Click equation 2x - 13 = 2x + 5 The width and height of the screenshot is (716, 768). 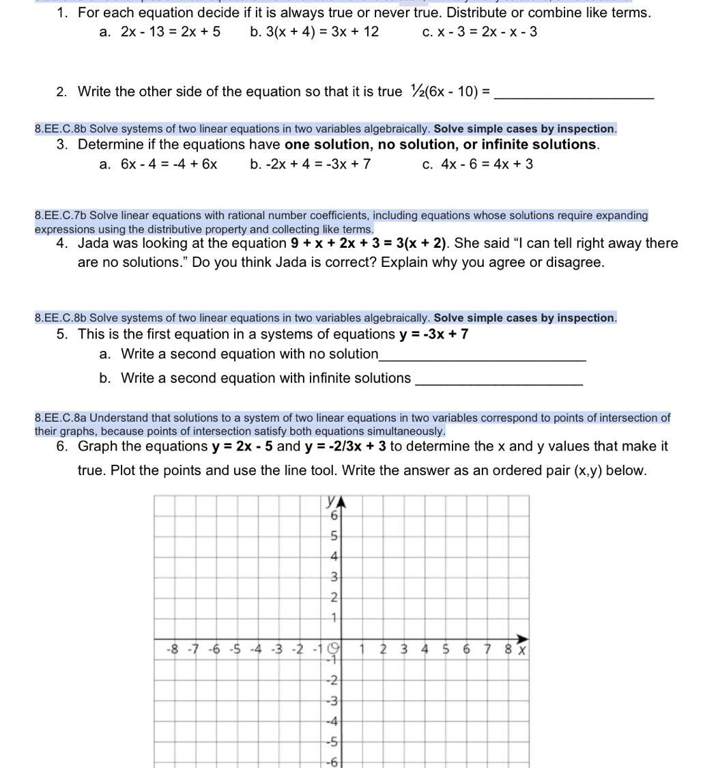click(x=171, y=32)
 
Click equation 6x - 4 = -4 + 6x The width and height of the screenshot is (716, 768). click(x=169, y=164)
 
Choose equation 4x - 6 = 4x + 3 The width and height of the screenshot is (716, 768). click(x=487, y=164)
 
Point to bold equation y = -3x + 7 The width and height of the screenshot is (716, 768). click(x=433, y=335)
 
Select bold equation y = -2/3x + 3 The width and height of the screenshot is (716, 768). click(x=345, y=446)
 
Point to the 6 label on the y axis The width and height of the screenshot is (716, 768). click(x=334, y=516)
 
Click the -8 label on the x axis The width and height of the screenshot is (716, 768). click(x=173, y=649)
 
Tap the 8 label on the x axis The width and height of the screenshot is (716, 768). click(x=509, y=649)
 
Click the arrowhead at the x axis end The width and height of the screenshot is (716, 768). click(x=523, y=639)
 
